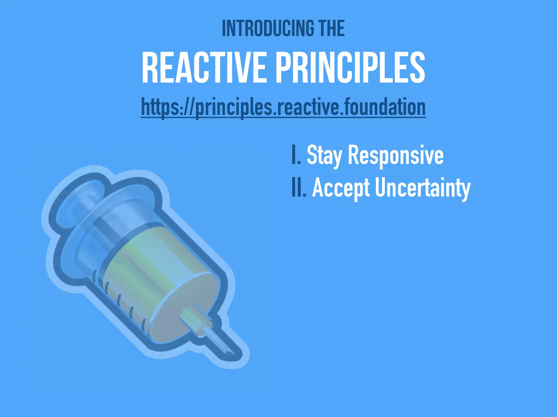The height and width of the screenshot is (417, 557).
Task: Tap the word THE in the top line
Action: point(332,28)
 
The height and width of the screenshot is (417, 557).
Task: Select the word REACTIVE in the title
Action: point(204,68)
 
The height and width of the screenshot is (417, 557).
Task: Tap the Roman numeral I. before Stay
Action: point(296,155)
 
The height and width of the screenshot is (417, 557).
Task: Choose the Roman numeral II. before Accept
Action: point(299,188)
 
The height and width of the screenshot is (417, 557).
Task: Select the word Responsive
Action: point(396,156)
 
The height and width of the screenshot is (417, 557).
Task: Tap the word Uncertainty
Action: point(423,188)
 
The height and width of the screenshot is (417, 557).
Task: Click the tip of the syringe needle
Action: point(229,353)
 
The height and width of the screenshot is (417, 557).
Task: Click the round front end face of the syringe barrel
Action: point(185,307)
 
